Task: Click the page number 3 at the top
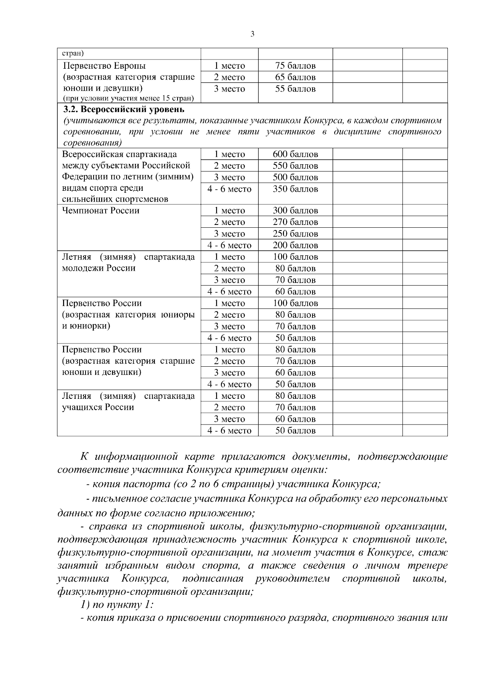(252, 34)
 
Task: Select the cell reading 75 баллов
(295, 65)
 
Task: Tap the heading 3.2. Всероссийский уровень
(124, 109)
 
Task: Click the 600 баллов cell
(295, 154)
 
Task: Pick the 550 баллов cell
(295, 166)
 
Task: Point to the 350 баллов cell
(295, 189)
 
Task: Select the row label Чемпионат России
(100, 210)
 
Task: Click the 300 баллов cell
(295, 210)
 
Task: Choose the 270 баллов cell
(295, 222)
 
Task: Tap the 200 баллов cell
(295, 245)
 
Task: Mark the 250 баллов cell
(295, 234)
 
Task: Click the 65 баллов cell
(295, 77)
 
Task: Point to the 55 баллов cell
(295, 89)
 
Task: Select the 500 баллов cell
(295, 178)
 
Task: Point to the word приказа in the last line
(135, 618)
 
